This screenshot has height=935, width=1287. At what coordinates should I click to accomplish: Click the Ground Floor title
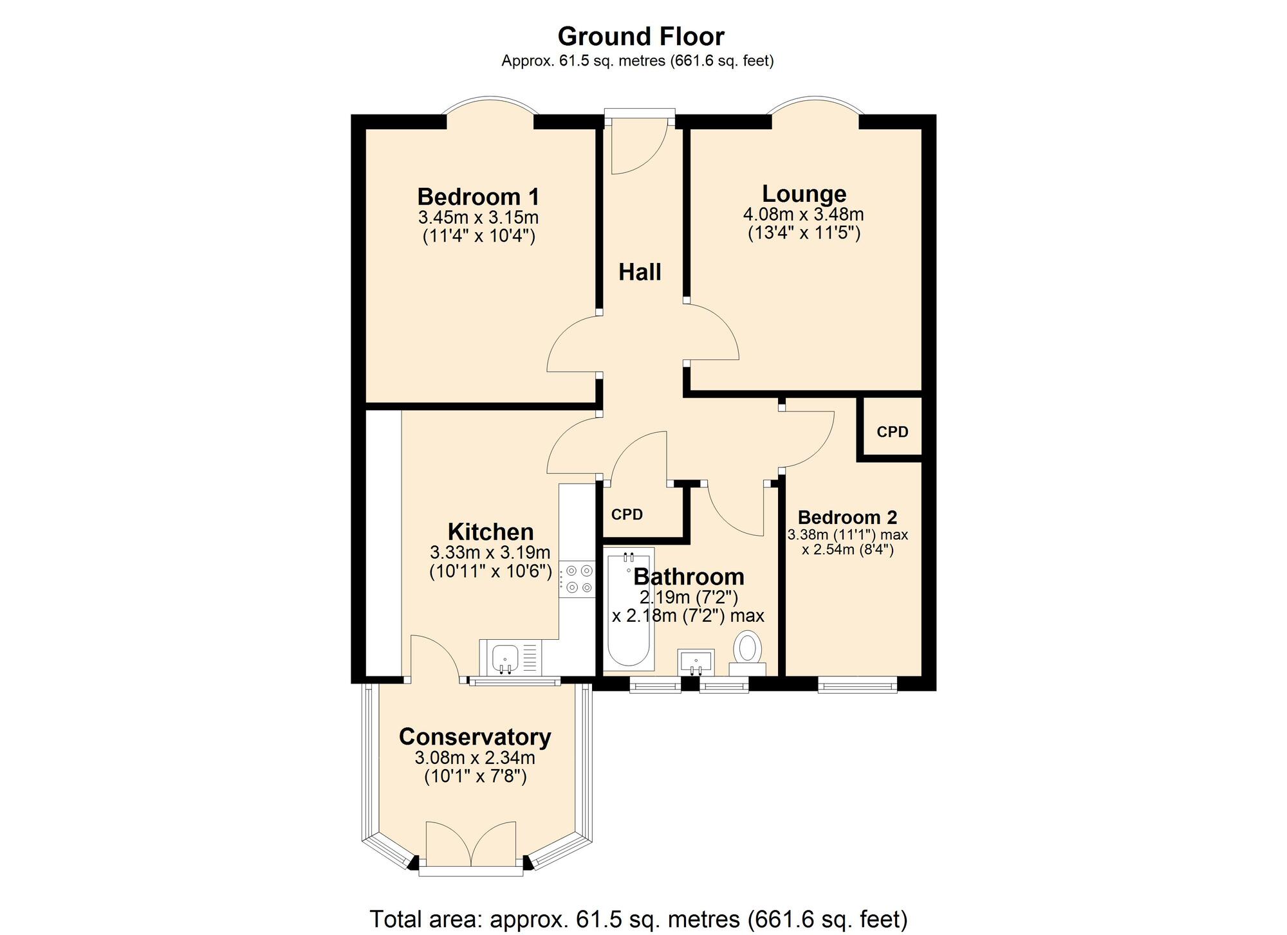(641, 37)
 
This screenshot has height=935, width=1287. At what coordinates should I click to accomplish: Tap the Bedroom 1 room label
(478, 196)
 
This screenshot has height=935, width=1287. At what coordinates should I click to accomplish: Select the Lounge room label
(804, 194)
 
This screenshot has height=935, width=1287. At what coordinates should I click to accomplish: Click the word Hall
(640, 272)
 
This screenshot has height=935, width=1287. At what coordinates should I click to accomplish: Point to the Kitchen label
(490, 532)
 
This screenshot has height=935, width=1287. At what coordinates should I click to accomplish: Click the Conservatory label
(475, 737)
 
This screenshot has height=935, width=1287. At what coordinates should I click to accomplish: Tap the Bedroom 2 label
(847, 517)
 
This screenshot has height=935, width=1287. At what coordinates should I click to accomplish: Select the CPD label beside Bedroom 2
(893, 431)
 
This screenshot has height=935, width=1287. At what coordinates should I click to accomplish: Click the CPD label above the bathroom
(627, 514)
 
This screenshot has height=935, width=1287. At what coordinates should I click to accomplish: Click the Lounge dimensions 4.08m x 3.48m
(804, 214)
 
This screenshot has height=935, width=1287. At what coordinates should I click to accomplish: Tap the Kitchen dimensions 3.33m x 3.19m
(490, 552)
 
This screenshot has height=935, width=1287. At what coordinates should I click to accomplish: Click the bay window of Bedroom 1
(490, 105)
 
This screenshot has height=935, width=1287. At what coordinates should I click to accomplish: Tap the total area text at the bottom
(638, 918)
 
